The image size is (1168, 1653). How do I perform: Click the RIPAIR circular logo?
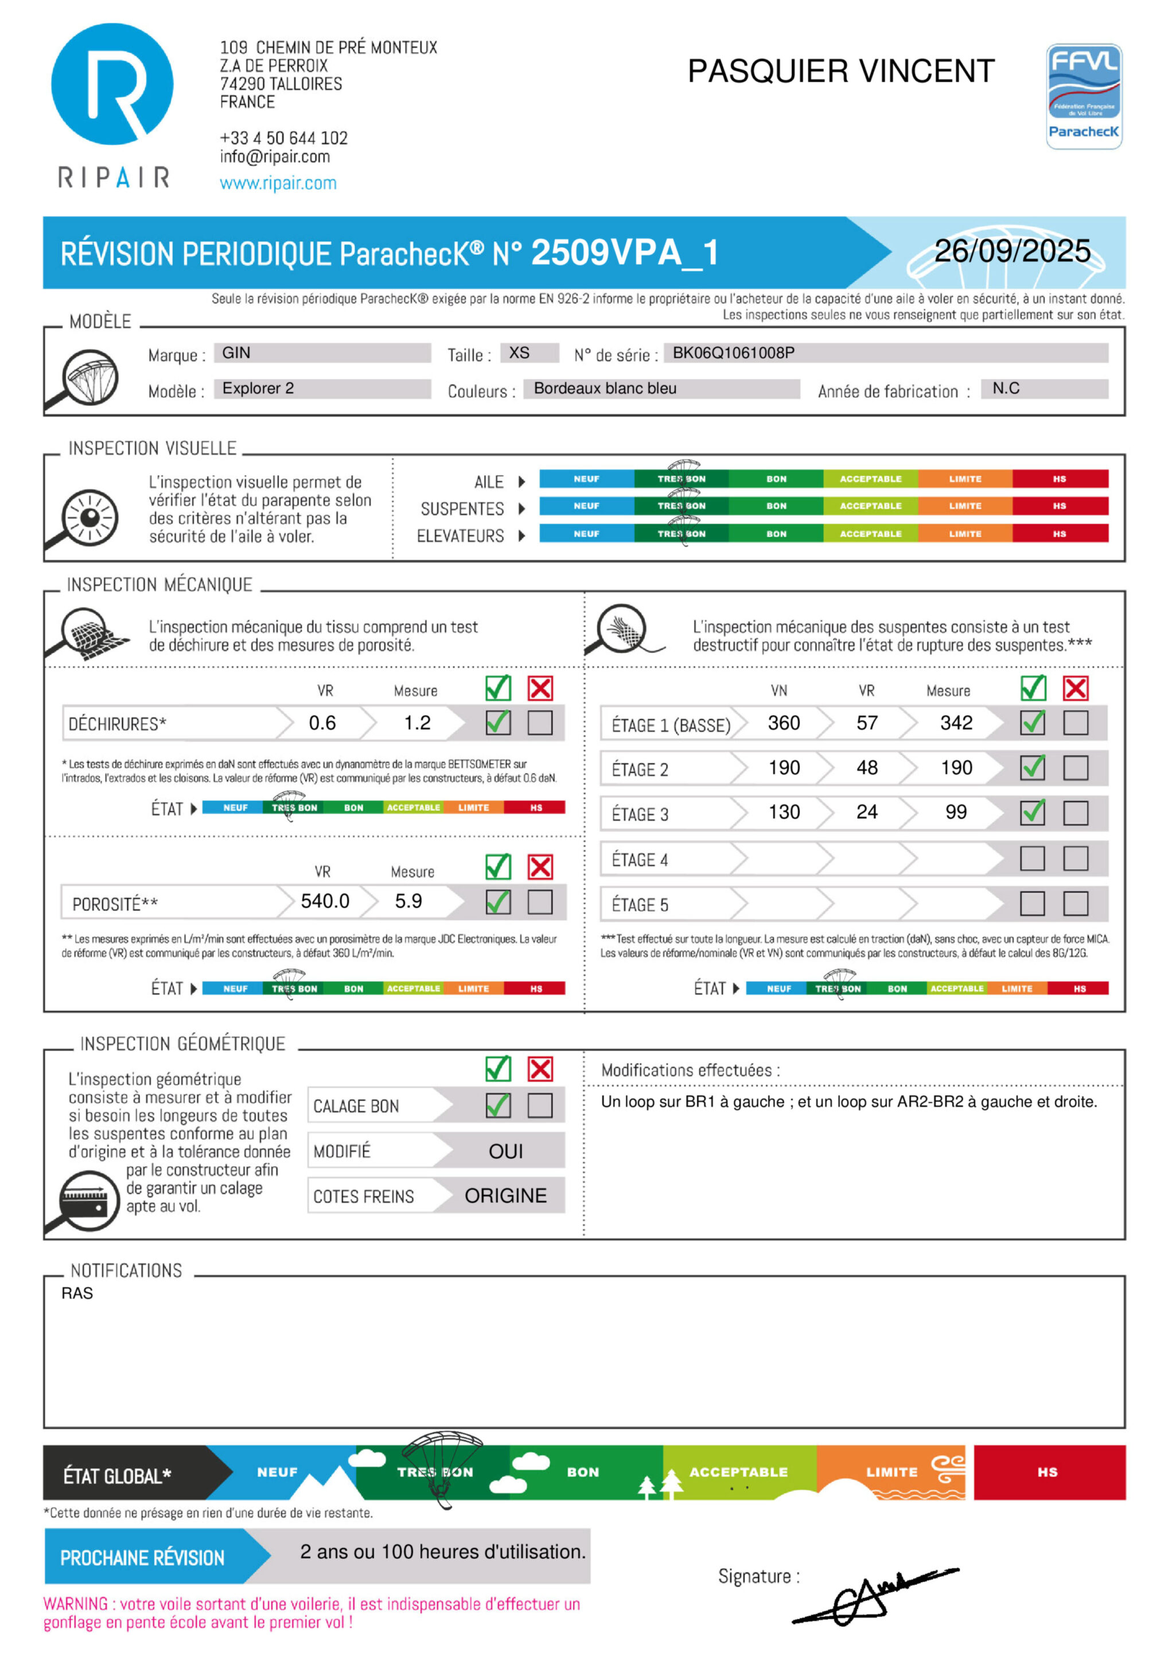(112, 84)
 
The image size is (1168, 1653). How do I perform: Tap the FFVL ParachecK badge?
(1084, 96)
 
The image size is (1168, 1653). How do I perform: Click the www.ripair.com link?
(278, 183)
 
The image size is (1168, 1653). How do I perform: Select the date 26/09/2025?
(1012, 251)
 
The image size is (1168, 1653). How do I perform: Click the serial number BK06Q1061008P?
(733, 353)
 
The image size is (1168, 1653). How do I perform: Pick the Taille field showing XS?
(520, 353)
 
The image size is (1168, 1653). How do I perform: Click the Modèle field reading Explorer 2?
(258, 389)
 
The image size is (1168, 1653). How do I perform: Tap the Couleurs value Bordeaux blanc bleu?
(605, 389)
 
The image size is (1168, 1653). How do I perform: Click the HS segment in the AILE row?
(1060, 479)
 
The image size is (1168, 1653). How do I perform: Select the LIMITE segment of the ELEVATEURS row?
(964, 533)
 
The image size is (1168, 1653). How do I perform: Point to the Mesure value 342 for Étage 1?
(956, 723)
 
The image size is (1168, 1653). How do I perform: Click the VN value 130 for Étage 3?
(784, 812)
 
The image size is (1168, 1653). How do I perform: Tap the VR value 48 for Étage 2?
(867, 767)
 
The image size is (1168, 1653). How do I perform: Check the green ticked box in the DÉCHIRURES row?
(498, 722)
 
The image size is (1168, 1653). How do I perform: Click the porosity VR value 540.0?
(325, 901)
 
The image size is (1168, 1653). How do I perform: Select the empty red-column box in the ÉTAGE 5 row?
(1075, 903)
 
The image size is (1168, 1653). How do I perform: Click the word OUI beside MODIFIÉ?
(506, 1151)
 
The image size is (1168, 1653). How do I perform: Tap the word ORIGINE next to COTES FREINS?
(505, 1196)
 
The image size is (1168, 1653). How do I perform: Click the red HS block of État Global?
(1049, 1472)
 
